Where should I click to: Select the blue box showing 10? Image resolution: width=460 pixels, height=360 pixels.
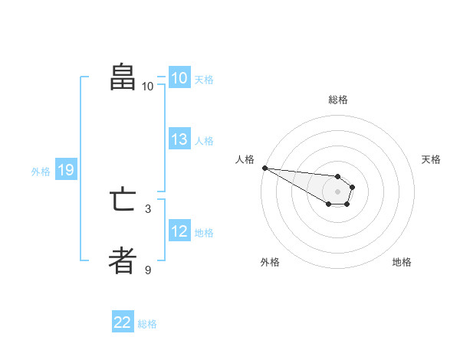coord(179,77)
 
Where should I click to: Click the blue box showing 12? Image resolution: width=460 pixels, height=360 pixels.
coord(179,231)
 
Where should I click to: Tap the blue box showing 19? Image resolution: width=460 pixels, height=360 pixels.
coord(65,170)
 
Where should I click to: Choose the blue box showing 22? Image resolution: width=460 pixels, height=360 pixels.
coord(123,322)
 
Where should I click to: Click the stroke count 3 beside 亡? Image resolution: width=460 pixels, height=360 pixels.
coord(148,208)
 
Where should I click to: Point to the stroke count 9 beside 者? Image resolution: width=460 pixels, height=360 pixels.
coord(148,270)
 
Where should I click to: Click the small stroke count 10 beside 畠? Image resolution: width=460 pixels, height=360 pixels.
coord(148,86)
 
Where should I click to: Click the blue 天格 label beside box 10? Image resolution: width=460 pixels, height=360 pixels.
coord(204,79)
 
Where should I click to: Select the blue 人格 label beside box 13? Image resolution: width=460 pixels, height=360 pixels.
coord(204,141)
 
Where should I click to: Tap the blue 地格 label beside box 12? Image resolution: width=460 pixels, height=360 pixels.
coord(204,233)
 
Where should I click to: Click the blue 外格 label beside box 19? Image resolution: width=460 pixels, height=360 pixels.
coord(41,172)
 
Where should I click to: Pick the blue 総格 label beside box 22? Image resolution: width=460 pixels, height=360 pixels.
coord(147,324)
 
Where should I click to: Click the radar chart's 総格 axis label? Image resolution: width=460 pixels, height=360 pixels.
coord(337,100)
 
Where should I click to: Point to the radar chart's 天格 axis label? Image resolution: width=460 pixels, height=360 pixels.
coord(431,159)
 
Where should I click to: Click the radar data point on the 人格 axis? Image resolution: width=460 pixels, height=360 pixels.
coord(264,168)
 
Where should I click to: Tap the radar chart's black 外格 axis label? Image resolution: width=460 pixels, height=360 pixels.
coord(270,262)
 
